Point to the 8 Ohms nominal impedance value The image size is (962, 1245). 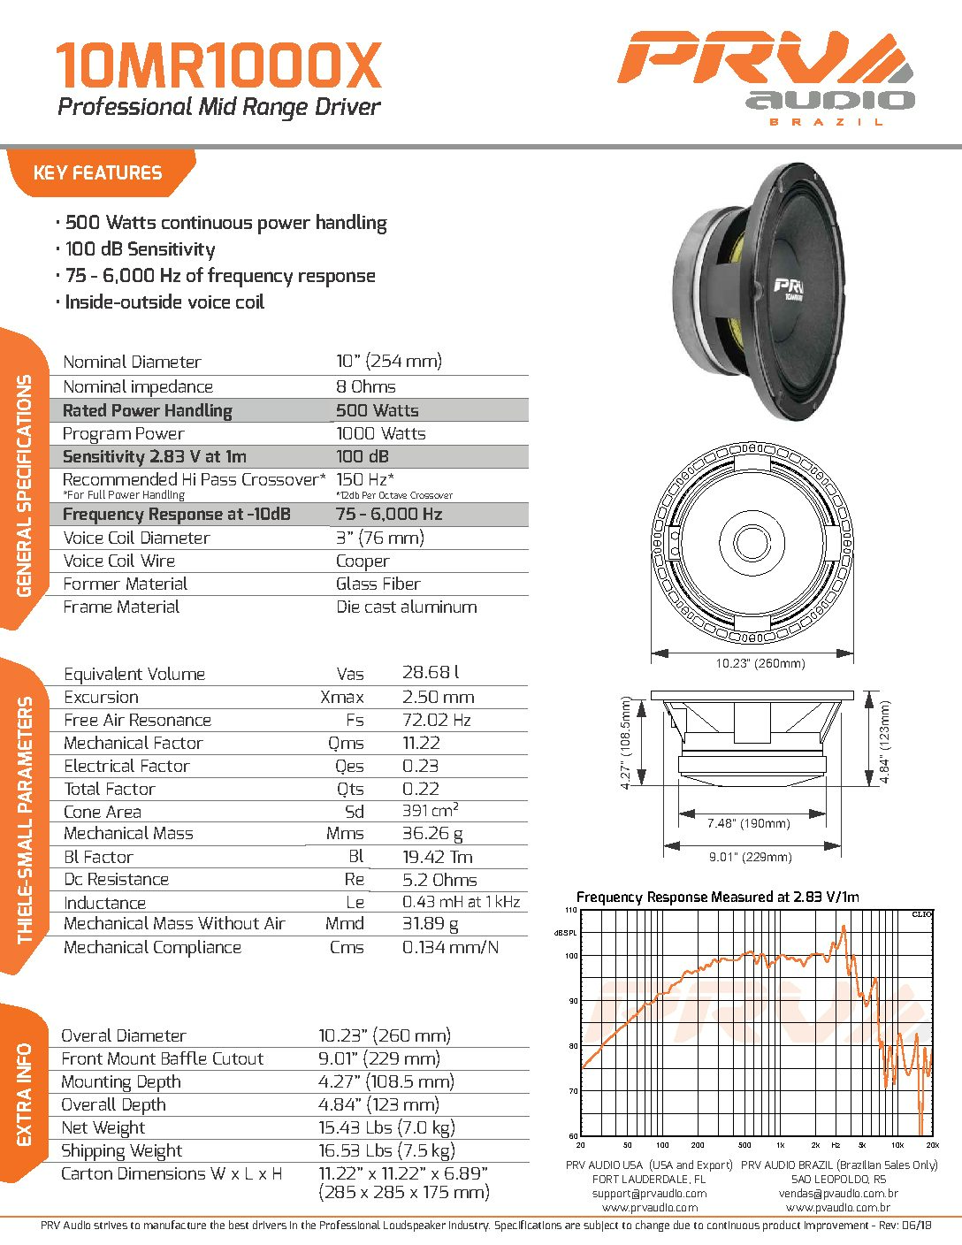[365, 386]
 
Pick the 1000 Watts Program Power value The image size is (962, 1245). [380, 433]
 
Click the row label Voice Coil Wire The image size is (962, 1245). [118, 561]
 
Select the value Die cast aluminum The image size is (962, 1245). [406, 607]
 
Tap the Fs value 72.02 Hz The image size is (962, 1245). [436, 720]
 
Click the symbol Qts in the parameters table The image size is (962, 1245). [349, 789]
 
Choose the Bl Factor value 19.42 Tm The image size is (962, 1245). [437, 857]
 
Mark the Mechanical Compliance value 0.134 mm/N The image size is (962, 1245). [450, 947]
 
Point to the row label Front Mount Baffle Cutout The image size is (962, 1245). [162, 1058]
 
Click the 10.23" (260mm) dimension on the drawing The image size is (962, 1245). [760, 663]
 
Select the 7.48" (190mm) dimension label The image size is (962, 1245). [748, 823]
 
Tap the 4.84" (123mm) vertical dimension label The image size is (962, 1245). [885, 742]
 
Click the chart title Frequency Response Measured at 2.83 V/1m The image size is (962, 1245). [717, 897]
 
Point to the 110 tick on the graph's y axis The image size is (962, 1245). [570, 910]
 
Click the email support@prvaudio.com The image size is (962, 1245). [649, 1193]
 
